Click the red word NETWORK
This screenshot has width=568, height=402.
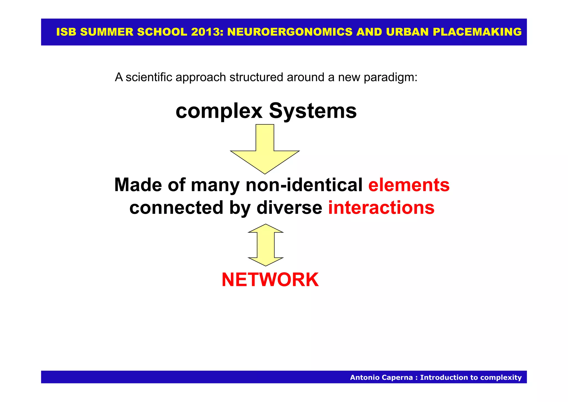click(270, 280)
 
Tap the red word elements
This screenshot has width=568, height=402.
click(409, 185)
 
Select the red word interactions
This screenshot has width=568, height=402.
click(381, 208)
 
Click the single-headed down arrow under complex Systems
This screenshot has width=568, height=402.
click(265, 149)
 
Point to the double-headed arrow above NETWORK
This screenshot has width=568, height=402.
click(266, 245)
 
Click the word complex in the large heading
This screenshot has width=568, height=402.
click(219, 111)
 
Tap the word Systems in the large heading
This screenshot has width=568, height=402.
click(313, 111)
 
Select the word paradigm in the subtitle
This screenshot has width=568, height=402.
click(390, 77)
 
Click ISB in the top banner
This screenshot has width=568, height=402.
click(66, 32)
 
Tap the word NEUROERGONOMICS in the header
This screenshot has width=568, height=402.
click(290, 32)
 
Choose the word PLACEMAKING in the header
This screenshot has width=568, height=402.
click(477, 32)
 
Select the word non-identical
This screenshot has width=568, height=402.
click(304, 185)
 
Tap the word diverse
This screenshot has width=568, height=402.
click(289, 208)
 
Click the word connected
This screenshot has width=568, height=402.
click(176, 208)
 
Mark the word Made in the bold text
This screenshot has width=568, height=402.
click(138, 185)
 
